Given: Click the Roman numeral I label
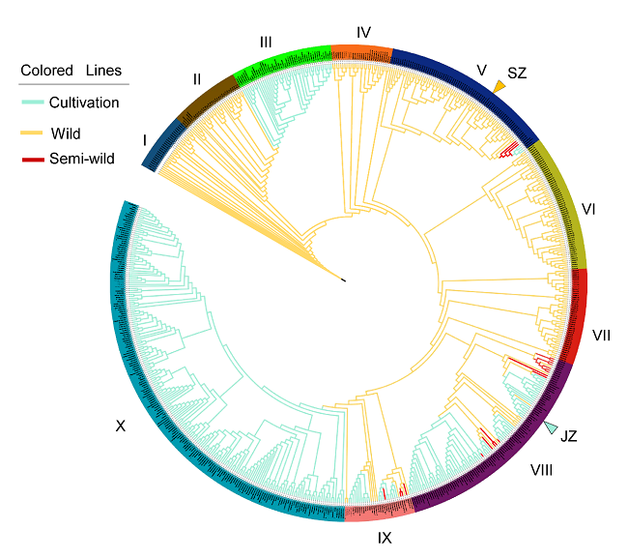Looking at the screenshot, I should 144,140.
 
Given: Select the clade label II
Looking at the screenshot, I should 196,77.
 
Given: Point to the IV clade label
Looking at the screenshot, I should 364,32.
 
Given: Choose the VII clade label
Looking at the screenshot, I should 602,336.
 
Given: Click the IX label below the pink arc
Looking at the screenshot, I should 385,534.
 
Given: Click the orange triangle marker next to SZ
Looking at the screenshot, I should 499,88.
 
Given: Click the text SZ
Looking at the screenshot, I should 517,74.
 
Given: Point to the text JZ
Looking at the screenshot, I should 568,437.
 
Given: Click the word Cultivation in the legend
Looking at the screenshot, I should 84,103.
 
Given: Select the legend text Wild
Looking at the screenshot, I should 66,132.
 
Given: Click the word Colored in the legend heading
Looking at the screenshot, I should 47,71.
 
